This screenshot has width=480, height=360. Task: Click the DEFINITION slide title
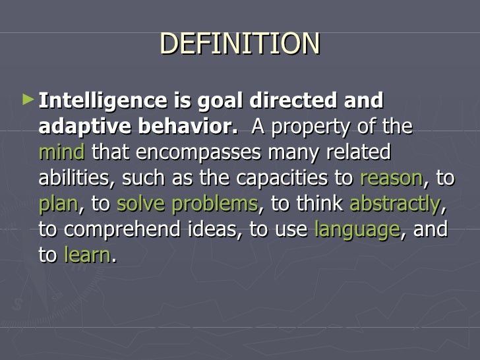239,44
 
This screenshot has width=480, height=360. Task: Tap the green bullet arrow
26,100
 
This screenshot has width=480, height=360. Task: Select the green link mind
62,152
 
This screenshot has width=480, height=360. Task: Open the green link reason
391,178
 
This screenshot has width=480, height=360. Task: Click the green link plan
58,204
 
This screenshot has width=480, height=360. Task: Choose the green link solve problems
187,204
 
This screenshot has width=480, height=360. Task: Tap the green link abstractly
394,204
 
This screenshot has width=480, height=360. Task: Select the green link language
357,230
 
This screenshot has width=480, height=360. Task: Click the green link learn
88,255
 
